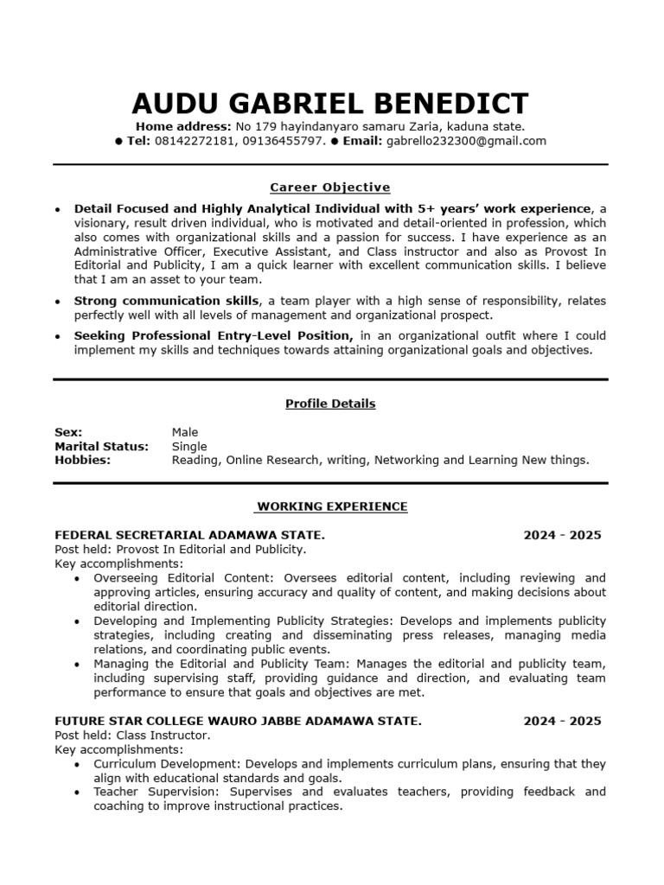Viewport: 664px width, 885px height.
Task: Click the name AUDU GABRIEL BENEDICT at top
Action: click(x=330, y=103)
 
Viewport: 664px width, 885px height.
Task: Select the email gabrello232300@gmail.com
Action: click(x=466, y=141)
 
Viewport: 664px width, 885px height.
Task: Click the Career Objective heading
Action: click(x=330, y=187)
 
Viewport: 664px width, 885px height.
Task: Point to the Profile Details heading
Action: click(x=330, y=404)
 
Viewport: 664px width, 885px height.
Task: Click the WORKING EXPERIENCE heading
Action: click(x=332, y=506)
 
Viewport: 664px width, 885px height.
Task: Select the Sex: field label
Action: click(x=68, y=432)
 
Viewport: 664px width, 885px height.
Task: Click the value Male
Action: click(x=185, y=432)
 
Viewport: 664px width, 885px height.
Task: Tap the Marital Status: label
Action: click(x=101, y=446)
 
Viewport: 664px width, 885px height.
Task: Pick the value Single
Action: click(x=189, y=446)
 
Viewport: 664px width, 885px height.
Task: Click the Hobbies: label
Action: click(x=82, y=460)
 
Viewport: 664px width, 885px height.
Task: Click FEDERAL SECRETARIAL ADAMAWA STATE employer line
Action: click(x=189, y=535)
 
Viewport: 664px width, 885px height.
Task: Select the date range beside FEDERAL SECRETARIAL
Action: click(x=562, y=535)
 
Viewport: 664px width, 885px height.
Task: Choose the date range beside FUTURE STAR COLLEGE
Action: click(x=562, y=721)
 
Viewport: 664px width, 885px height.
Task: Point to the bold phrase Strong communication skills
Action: click(x=166, y=301)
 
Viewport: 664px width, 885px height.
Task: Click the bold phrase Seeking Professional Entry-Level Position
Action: click(x=213, y=335)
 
